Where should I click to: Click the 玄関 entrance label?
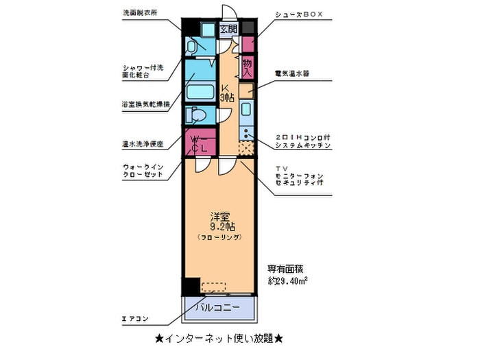[x=228, y=29]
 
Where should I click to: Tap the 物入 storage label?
[x=248, y=67]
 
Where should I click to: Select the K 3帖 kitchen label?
[x=227, y=93]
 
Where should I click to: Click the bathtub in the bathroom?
[x=200, y=91]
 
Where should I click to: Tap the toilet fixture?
[x=197, y=115]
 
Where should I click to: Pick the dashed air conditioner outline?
[x=213, y=286]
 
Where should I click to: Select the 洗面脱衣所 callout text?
[x=139, y=13]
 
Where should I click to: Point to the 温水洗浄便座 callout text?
[x=143, y=145]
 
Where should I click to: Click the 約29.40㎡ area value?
[x=287, y=280]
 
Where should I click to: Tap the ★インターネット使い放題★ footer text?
[x=219, y=339]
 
